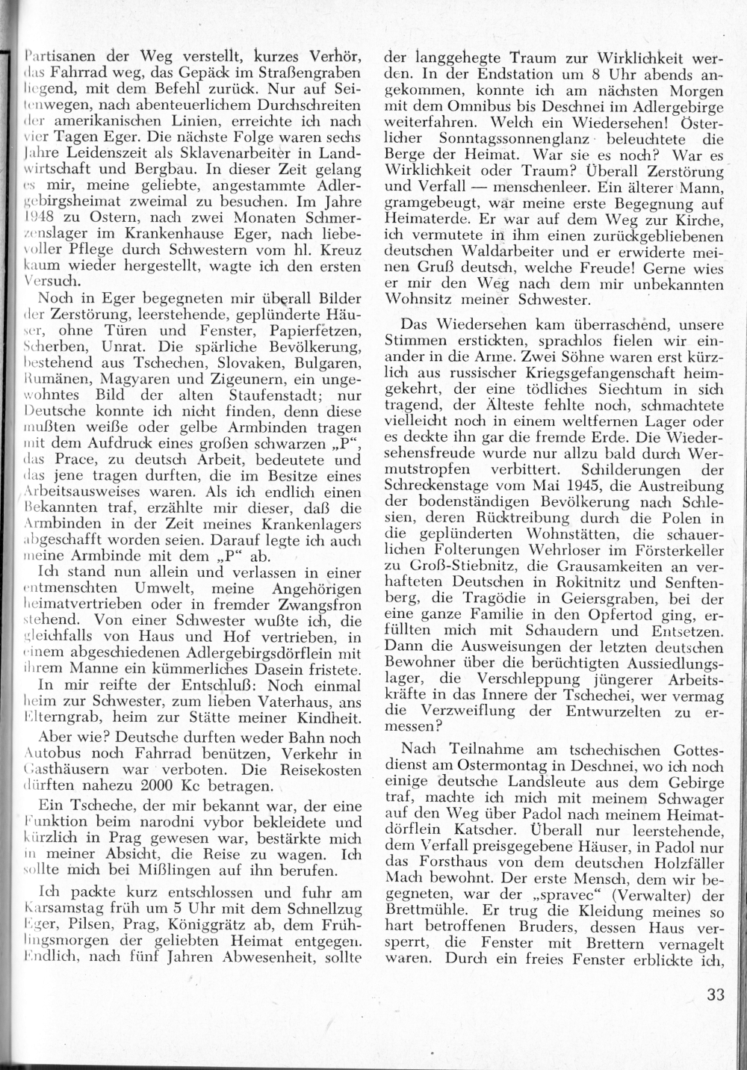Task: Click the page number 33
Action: pyautogui.click(x=715, y=995)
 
